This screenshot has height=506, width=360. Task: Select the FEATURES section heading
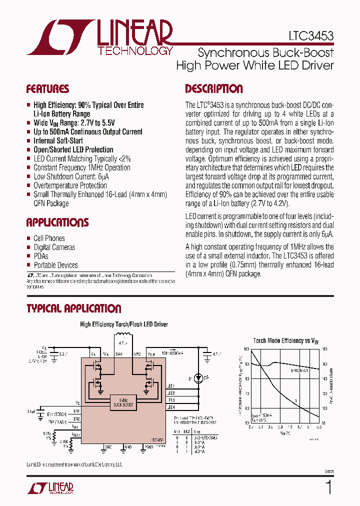[x=47, y=89]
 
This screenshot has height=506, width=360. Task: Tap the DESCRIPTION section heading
[x=213, y=89]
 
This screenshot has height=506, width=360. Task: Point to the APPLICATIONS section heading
[x=57, y=222]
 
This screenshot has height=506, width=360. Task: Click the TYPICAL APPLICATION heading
[x=73, y=309]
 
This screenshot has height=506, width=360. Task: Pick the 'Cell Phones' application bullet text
[x=49, y=238]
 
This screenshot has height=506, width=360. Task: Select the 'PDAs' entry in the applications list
[x=40, y=256]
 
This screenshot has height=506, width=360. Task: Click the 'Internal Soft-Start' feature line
[x=58, y=141]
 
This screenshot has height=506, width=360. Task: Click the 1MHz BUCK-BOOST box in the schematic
[x=123, y=401]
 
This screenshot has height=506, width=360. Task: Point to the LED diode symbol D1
[x=199, y=378]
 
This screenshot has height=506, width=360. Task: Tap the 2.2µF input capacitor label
[x=63, y=354]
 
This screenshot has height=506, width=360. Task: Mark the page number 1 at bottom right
[x=328, y=487]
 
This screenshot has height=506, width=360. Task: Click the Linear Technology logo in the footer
[x=50, y=487]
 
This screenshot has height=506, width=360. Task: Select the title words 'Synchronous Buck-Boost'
[x=265, y=52]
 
